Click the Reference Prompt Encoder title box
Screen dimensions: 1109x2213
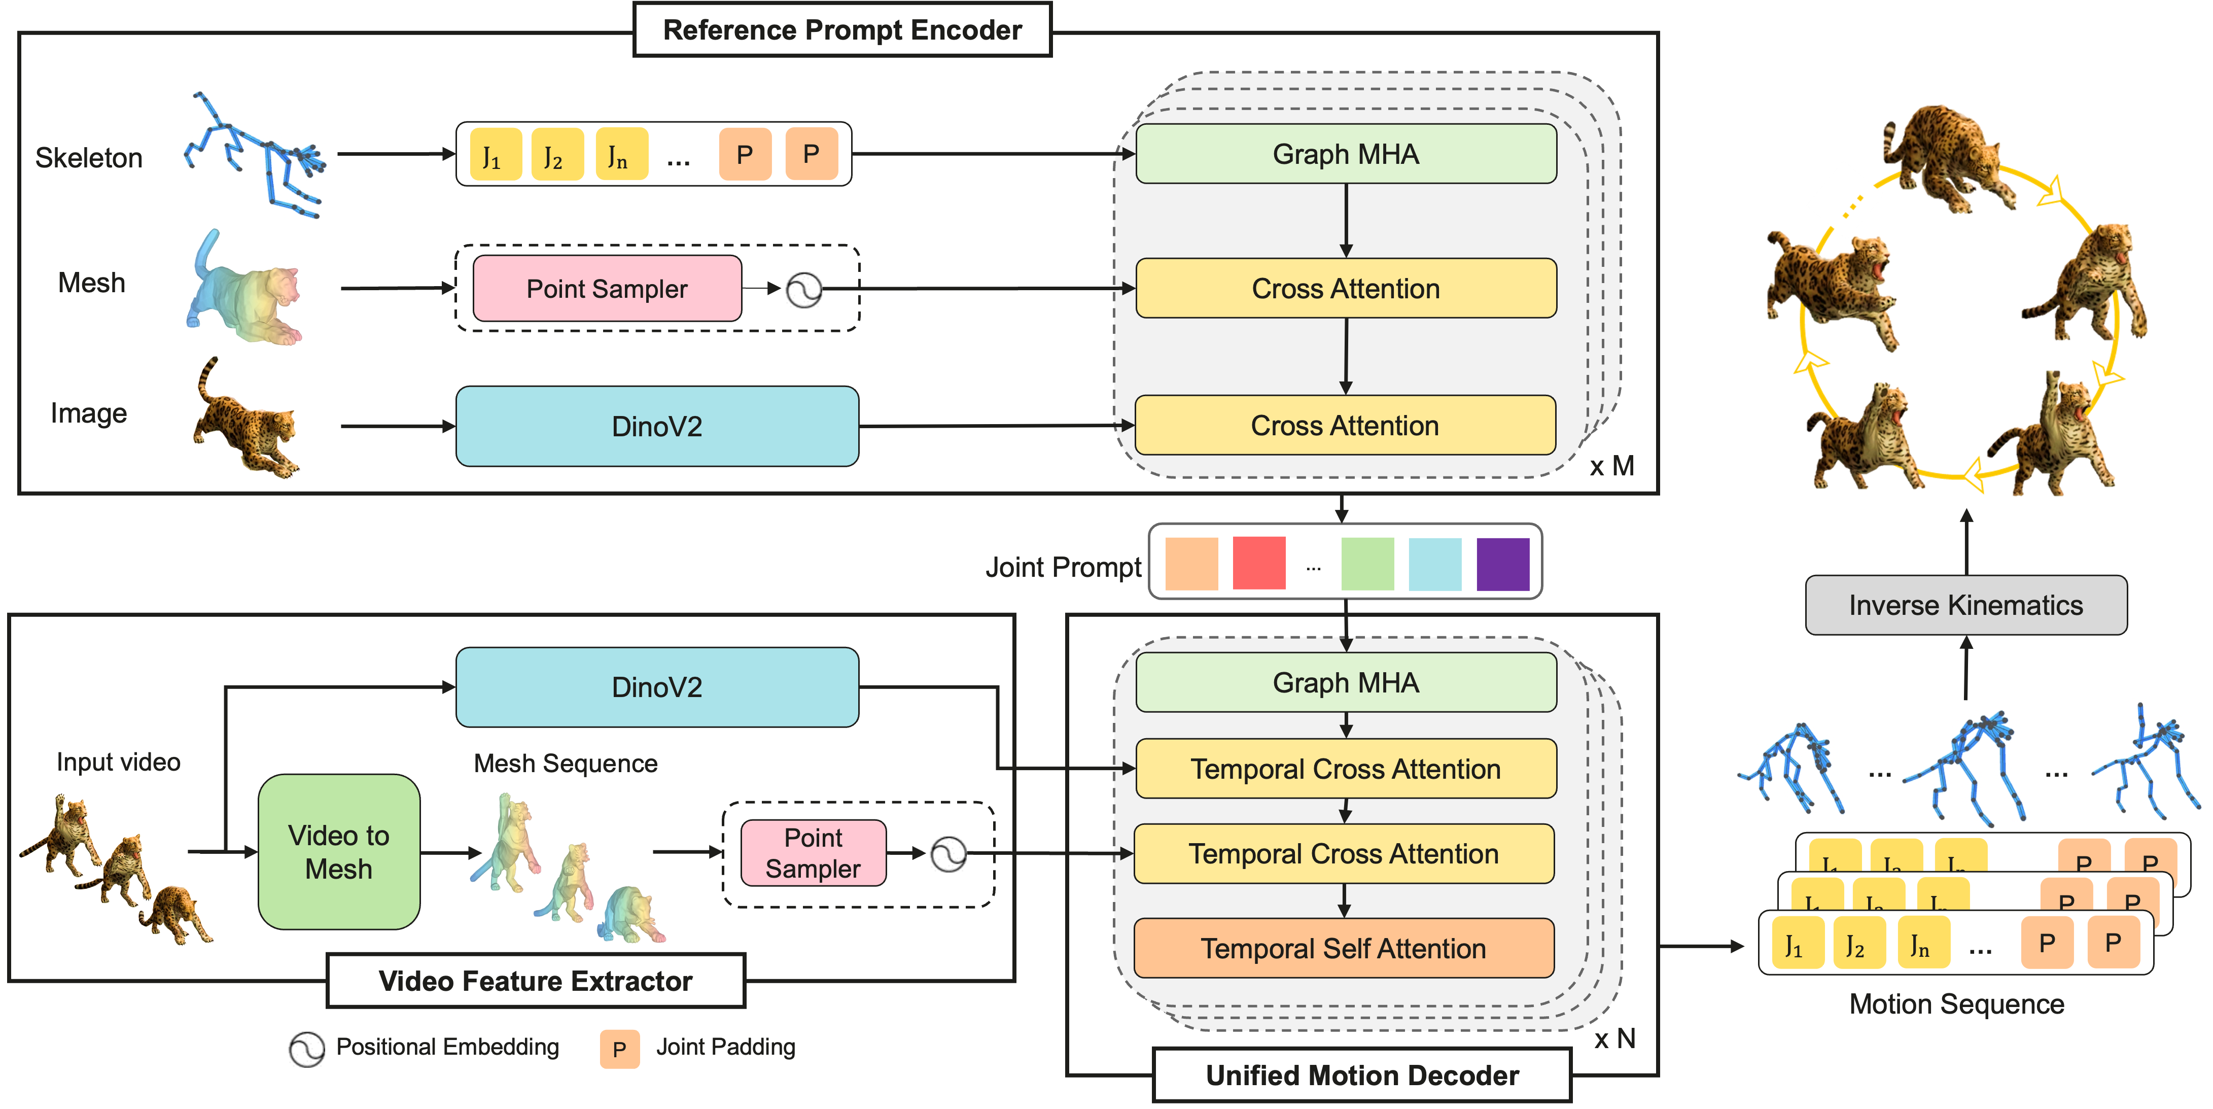click(842, 30)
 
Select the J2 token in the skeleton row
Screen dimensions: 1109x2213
click(557, 155)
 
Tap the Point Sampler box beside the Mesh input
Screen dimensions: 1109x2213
click(607, 289)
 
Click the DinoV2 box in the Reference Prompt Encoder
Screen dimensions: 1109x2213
click(657, 426)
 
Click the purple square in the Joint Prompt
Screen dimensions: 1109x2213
click(1502, 564)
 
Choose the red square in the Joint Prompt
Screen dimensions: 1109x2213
click(1258, 564)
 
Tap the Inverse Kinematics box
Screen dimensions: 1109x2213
click(1965, 606)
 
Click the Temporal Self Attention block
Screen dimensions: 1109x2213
click(1344, 948)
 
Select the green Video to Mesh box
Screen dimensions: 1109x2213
click(338, 852)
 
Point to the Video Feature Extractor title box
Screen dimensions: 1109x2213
click(535, 981)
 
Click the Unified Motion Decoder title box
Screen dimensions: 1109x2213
click(1362, 1076)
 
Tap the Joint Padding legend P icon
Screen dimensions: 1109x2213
click(619, 1049)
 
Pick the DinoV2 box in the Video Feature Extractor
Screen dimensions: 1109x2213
click(657, 687)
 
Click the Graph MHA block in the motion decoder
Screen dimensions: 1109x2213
click(1345, 683)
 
